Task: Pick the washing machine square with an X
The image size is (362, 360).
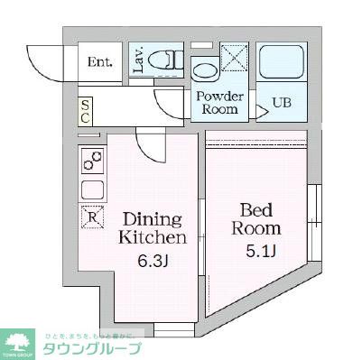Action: [234, 59]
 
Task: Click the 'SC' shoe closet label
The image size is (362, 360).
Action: [85, 112]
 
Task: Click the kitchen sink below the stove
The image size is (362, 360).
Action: [92, 190]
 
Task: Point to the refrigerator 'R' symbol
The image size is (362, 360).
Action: [91, 217]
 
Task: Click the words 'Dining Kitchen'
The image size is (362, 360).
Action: [153, 229]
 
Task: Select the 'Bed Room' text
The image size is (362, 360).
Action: [255, 218]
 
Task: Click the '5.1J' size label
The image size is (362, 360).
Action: [256, 251]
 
